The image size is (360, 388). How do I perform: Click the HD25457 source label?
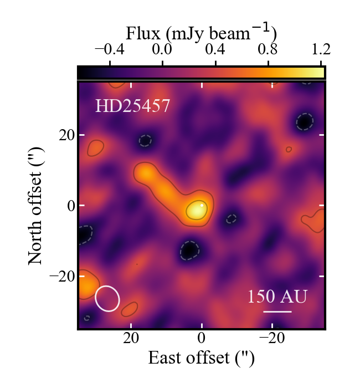[x=131, y=105]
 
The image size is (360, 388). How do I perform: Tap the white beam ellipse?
[x=107, y=298]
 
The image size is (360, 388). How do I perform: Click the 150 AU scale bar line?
[x=277, y=312]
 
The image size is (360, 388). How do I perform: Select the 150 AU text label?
[x=277, y=297]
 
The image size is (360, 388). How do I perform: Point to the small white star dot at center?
[x=202, y=205]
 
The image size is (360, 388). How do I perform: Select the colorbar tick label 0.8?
[x=268, y=49]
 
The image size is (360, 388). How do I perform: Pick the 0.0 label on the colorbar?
[x=162, y=49]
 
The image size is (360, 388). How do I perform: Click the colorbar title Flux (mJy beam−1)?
[x=202, y=32]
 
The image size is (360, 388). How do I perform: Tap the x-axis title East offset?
[x=202, y=358]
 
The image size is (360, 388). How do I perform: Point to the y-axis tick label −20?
[x=62, y=276]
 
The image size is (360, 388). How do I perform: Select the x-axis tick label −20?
[x=271, y=339]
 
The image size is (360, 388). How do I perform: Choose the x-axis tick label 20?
[x=131, y=339]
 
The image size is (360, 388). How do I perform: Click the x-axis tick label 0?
[x=202, y=339]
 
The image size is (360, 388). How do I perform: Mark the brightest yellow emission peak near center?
[x=196, y=210]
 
